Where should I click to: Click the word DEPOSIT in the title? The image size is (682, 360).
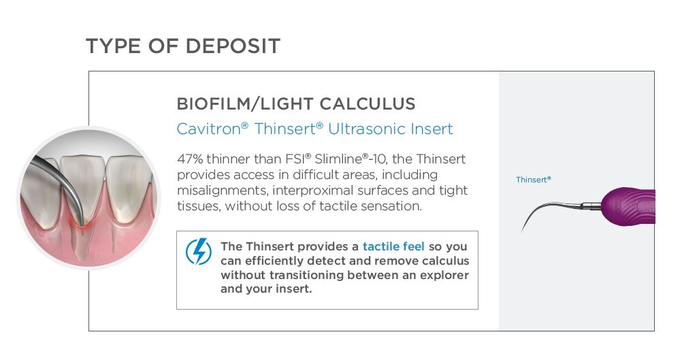(x=232, y=46)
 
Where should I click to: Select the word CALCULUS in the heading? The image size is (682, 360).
(x=367, y=104)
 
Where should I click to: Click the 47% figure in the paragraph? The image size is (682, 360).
(x=190, y=159)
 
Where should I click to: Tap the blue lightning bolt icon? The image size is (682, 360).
(x=198, y=251)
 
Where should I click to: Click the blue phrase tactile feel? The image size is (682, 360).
(x=393, y=246)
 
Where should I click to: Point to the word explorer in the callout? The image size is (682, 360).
(x=444, y=275)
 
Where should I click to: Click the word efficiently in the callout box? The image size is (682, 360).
(x=274, y=261)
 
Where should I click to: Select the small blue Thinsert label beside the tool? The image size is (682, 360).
(x=533, y=180)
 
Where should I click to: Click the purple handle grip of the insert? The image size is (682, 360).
(x=628, y=207)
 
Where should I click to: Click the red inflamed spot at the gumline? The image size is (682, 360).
(x=80, y=223)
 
